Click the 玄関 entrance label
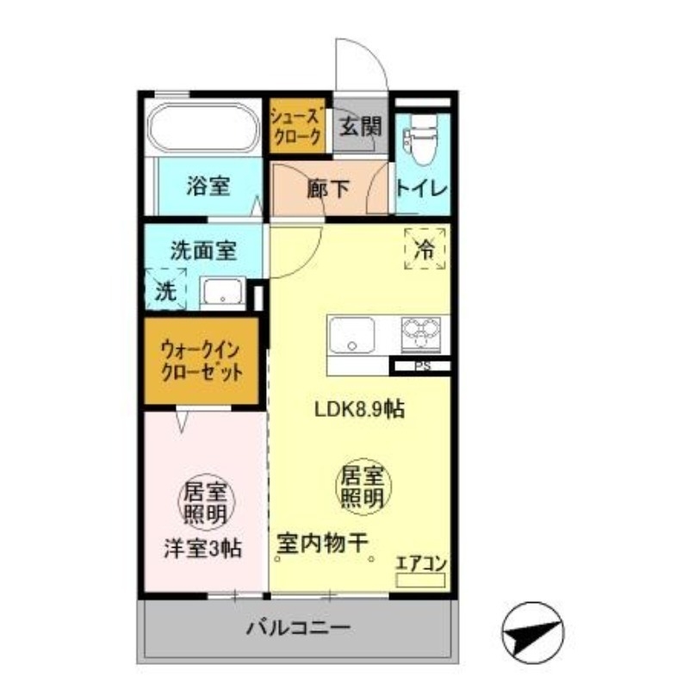click(x=358, y=127)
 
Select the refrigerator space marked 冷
click(x=425, y=249)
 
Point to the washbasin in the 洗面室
click(x=224, y=293)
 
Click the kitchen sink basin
click(x=351, y=335)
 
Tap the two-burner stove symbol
click(x=421, y=332)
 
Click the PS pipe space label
click(x=422, y=366)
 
